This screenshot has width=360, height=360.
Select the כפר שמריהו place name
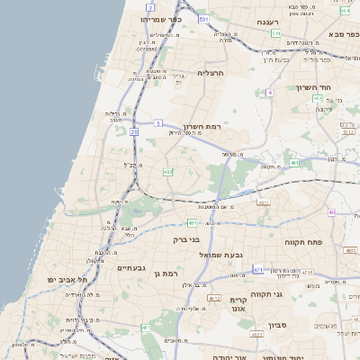tap(163, 18)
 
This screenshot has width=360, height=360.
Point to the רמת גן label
tap(167, 272)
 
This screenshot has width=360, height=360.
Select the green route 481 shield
tap(192, 222)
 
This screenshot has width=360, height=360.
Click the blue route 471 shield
tap(259, 270)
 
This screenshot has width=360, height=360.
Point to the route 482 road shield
tap(167, 171)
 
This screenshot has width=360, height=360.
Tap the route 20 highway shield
tap(133, 132)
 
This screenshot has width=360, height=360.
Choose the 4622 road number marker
tap(257, 334)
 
